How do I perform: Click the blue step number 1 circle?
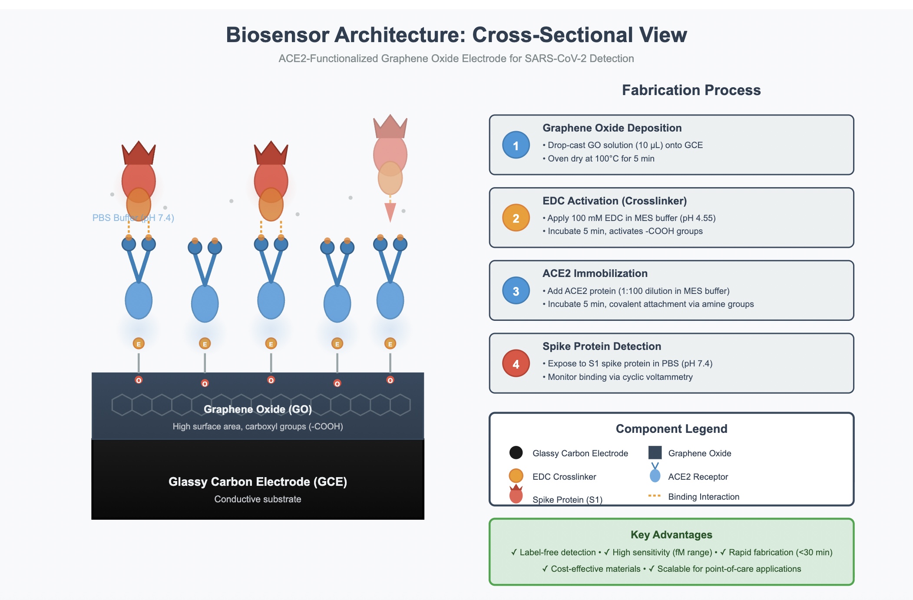[x=516, y=145]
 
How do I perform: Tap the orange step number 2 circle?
[x=516, y=218]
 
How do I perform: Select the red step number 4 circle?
[x=516, y=363]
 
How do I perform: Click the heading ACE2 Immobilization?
[x=595, y=274]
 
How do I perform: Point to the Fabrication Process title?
[x=691, y=90]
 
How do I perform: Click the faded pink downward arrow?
[x=390, y=211]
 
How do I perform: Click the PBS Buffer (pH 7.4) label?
[x=133, y=218]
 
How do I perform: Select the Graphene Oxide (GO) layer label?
[x=258, y=409]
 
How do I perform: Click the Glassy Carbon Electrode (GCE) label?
[x=258, y=481]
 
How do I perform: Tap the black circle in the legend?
[x=516, y=452]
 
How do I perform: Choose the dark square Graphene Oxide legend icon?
[x=655, y=452]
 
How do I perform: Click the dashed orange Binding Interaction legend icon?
[x=654, y=495]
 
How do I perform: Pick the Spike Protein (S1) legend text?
[x=567, y=499]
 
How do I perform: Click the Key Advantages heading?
[x=671, y=534]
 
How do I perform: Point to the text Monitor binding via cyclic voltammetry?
[x=620, y=377]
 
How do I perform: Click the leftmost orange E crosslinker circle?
[x=139, y=343]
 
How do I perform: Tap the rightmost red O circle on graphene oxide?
[x=390, y=380]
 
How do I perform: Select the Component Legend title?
[x=671, y=429]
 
